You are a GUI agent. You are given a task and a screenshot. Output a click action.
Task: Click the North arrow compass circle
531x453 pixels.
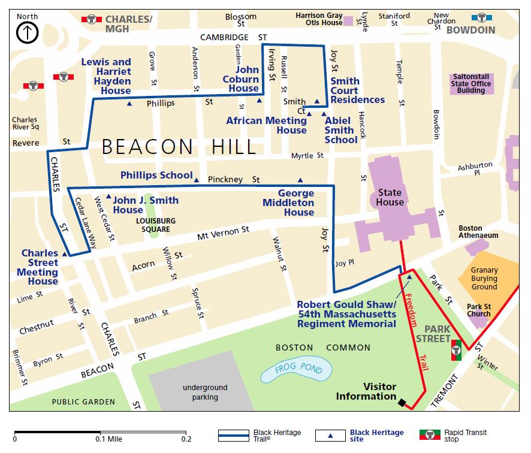point(28,33)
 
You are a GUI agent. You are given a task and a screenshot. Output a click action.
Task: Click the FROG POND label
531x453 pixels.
point(298,367)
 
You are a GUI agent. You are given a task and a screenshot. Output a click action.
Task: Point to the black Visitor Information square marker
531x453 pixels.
point(401,403)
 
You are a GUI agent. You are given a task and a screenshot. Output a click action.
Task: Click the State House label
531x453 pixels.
point(389,198)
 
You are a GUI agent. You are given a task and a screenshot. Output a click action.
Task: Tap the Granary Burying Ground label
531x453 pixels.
point(484,279)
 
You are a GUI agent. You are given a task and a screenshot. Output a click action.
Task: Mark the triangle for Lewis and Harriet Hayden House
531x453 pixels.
point(129,104)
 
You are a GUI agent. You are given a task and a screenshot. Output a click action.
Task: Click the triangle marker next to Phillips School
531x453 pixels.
point(197,177)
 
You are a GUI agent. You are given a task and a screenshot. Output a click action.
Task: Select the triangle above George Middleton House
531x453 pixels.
point(300,179)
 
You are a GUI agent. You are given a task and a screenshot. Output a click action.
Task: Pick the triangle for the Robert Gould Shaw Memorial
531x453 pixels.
point(409,277)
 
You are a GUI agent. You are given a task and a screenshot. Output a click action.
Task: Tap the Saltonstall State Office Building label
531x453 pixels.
point(472,84)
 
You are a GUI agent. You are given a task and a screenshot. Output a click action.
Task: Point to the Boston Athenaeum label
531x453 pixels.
point(478,232)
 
